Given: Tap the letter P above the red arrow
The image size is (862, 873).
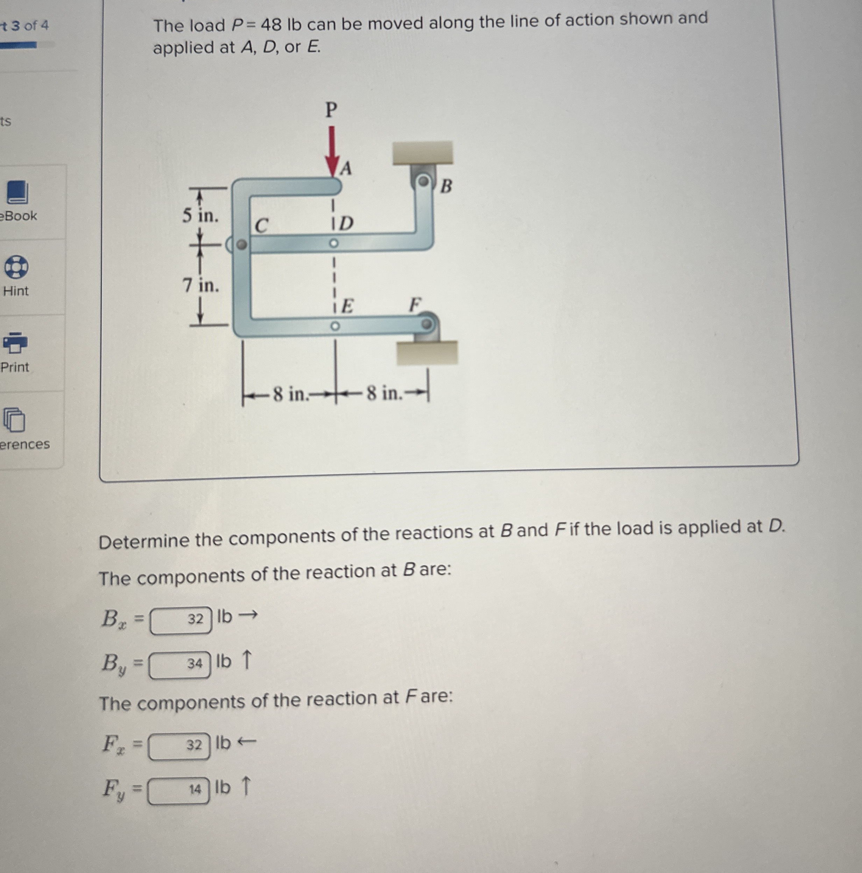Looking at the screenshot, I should pos(331,109).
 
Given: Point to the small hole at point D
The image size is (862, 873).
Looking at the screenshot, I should pos(334,243).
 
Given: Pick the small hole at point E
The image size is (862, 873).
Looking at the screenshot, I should pos(334,326).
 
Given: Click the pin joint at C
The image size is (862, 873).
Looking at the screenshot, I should pos(242,245).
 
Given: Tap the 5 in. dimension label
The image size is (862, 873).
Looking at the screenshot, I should pos(200,215).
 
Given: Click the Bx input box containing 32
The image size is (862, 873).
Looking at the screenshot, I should pos(181,619).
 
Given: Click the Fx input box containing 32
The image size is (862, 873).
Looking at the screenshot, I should pos(180,746).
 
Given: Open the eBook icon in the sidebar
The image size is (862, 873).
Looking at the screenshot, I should pos(17,193).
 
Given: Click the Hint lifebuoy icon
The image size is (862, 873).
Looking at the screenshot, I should pos(16,267).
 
